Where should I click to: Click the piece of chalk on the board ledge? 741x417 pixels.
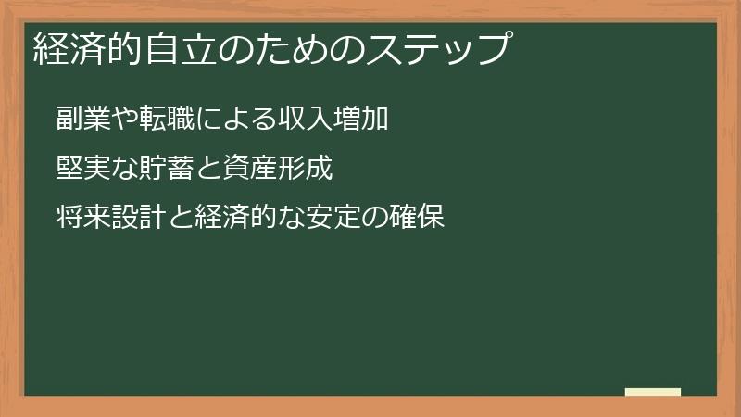[653, 392]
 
